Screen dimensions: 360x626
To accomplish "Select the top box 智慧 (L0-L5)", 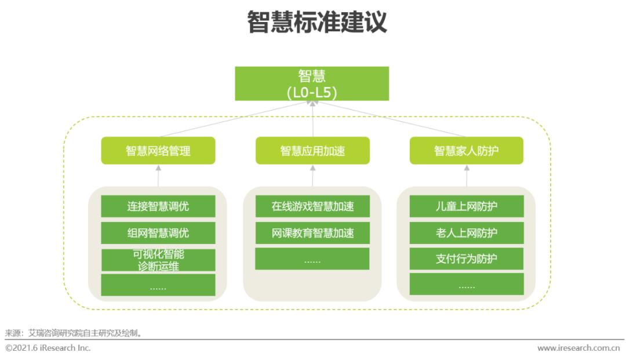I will [312, 83].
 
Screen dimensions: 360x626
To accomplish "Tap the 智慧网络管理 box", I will [158, 151].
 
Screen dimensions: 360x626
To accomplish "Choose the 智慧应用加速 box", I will [312, 151].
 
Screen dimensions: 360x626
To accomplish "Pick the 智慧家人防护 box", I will [467, 151].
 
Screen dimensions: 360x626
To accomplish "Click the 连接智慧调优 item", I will [158, 206].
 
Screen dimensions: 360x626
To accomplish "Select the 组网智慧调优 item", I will [158, 233].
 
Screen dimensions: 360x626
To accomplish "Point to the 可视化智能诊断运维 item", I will [158, 260].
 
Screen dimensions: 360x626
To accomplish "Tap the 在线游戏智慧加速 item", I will [312, 206].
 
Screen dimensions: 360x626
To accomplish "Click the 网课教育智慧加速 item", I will [312, 233].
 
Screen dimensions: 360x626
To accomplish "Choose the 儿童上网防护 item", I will [467, 206].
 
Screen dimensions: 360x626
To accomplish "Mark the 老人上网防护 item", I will [467, 233].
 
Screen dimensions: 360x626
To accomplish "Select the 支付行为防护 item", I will [467, 259].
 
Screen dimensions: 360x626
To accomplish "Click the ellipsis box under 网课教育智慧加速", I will [312, 259].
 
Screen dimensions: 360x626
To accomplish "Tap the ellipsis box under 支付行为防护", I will [467, 285].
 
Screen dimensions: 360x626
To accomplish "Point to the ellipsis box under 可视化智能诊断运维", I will [158, 285].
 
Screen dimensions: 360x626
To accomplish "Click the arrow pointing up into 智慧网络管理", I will [158, 175].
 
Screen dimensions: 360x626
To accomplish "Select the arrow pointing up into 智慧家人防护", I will [467, 175].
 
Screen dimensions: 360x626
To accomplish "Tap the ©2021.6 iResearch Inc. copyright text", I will [48, 348].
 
